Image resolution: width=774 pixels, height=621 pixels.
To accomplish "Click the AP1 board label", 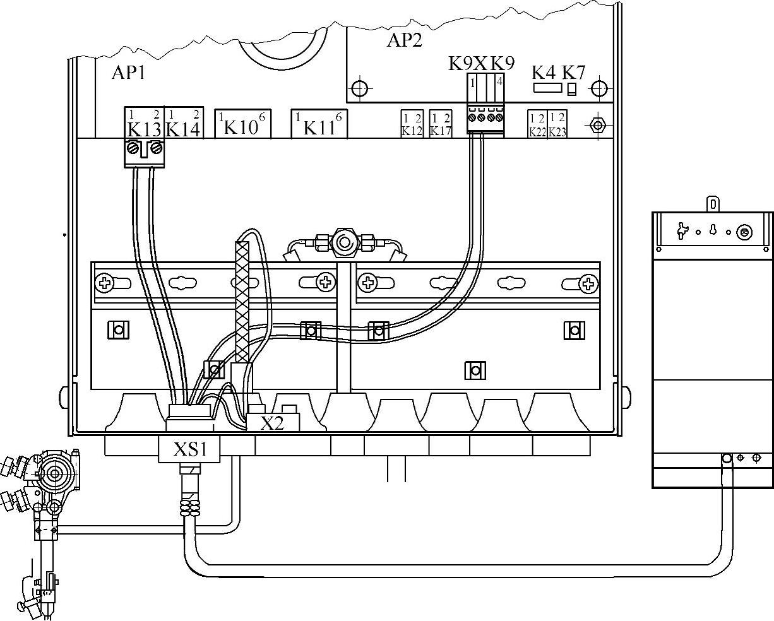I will click(x=128, y=73).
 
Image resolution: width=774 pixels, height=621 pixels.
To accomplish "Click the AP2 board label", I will click(x=404, y=41).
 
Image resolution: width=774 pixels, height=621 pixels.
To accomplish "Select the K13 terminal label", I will click(x=144, y=129).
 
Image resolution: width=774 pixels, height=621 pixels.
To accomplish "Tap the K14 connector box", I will click(x=183, y=122).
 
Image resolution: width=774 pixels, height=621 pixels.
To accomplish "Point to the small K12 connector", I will click(x=412, y=123).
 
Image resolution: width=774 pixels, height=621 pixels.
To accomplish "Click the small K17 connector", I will click(x=441, y=123).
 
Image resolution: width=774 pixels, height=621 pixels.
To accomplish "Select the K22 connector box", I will click(x=537, y=124).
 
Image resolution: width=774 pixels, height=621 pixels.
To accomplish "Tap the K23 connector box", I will click(x=557, y=124).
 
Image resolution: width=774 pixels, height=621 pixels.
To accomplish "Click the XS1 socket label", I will click(x=190, y=449).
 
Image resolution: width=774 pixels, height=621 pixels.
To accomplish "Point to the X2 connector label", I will click(x=273, y=423).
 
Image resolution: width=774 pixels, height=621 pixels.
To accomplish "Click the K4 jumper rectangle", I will click(x=544, y=88).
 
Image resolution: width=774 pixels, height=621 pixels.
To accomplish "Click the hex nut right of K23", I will click(x=597, y=124).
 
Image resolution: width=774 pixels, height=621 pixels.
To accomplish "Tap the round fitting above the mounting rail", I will click(x=344, y=242).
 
